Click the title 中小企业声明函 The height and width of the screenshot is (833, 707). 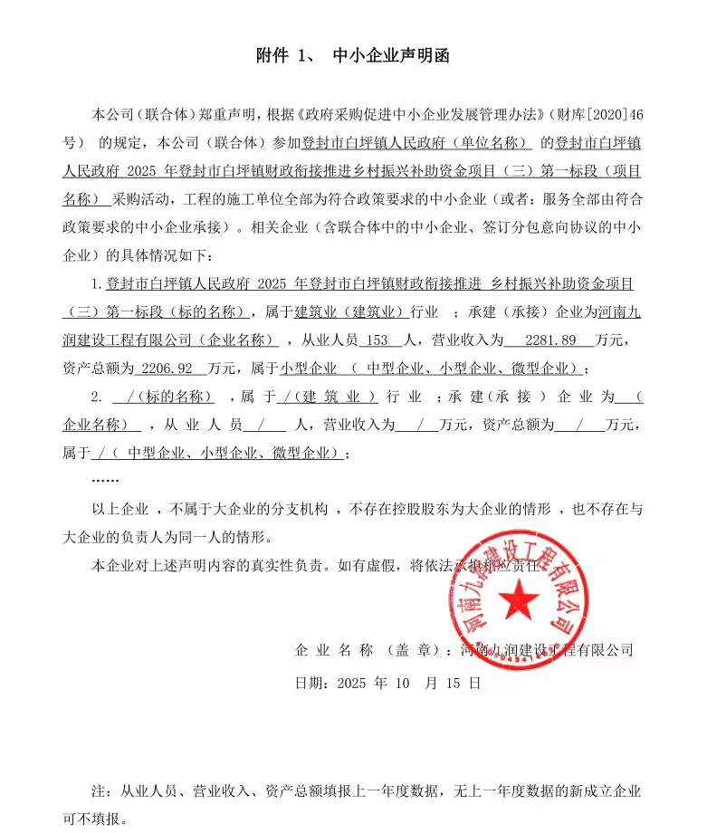391,56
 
